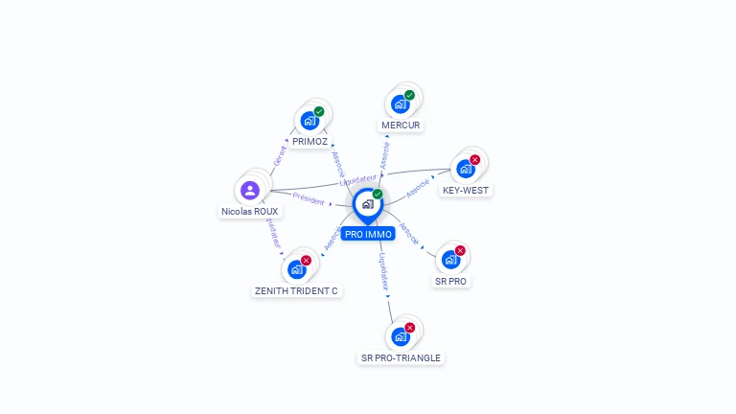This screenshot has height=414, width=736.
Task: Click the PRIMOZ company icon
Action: [x=310, y=121]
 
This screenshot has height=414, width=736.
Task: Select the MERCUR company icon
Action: [x=401, y=104]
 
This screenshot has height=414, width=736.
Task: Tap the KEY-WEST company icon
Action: [x=466, y=169]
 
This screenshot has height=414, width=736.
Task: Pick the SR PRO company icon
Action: [x=450, y=260]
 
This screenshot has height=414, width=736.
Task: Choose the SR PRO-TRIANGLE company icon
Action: [x=401, y=336]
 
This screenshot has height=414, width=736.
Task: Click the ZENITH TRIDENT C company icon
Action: [x=296, y=269]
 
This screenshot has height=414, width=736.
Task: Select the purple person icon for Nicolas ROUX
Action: [x=250, y=190]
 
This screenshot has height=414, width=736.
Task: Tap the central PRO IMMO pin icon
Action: [x=367, y=203]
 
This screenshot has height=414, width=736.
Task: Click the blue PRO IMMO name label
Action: [x=368, y=234]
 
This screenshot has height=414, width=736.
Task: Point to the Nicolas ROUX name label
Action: [x=250, y=211]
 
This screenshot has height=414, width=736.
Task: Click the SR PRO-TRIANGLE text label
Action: [x=401, y=357]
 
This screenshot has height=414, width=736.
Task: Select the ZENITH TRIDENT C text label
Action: [x=296, y=290]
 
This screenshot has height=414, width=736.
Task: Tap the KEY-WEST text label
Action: [x=466, y=190]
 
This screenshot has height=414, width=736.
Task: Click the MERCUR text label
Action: [x=401, y=125]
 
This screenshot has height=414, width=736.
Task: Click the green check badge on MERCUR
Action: [x=409, y=95]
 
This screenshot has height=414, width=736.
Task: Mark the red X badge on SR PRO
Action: [x=460, y=250]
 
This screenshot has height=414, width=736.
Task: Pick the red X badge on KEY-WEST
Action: [x=474, y=160]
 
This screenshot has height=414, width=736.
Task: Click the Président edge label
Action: [x=309, y=198]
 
